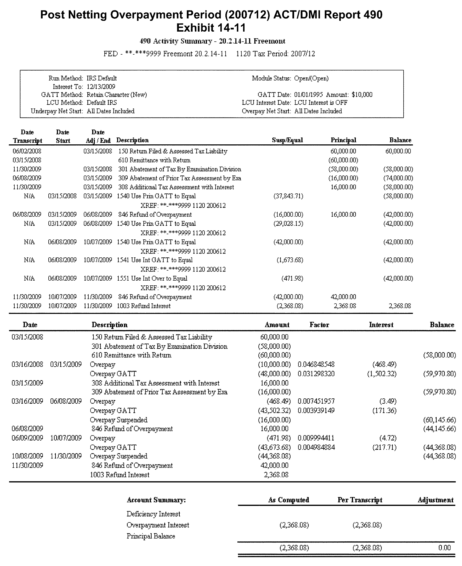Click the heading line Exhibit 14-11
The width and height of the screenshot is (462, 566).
coord(211,28)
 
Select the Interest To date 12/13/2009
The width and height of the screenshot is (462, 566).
coord(101,87)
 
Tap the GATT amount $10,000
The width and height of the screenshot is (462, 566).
coord(362,95)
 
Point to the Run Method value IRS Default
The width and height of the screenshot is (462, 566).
coord(102,78)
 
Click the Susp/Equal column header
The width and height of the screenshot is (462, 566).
coord(287,140)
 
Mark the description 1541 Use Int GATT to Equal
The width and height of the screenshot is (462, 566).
coord(155,260)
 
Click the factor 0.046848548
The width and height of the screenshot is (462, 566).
coord(316,364)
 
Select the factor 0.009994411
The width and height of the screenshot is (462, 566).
coord(316,438)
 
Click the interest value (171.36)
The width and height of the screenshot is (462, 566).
coord(384,411)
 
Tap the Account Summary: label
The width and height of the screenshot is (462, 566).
coord(156,500)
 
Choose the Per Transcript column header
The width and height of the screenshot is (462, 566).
coord(360,500)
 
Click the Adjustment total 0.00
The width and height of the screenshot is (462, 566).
coord(445,548)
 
